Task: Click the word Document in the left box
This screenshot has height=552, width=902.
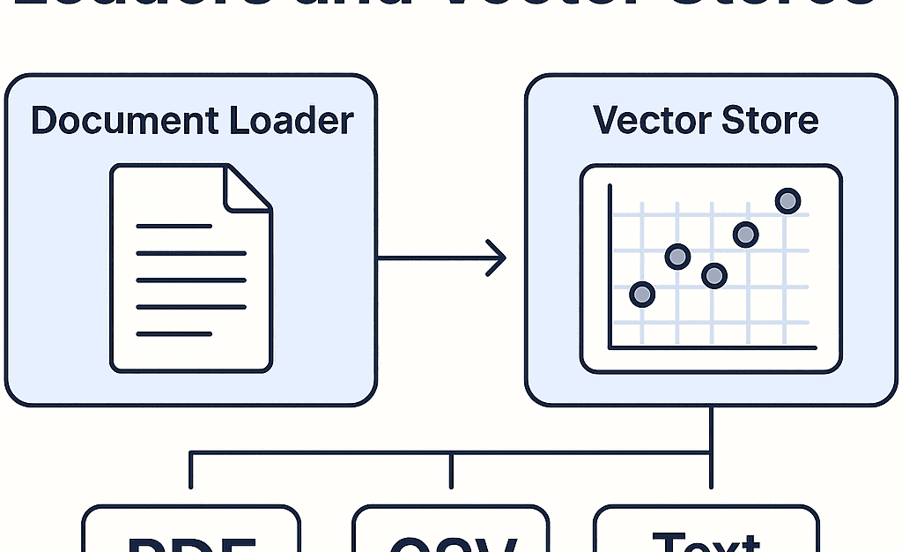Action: (125, 121)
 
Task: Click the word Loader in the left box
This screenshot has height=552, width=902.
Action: (292, 121)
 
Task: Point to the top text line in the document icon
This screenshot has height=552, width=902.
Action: (174, 227)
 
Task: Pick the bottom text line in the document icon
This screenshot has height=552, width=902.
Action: (174, 334)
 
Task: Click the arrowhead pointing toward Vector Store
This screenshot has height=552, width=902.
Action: (499, 258)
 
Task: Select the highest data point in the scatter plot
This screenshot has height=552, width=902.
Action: (787, 201)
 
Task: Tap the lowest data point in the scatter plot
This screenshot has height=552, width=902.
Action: (642, 294)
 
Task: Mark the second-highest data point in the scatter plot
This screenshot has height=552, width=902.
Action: (745, 235)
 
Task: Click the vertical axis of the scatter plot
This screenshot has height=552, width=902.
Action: (610, 265)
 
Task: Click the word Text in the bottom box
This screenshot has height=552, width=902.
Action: (706, 540)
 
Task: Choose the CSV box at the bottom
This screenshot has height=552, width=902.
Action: (450, 533)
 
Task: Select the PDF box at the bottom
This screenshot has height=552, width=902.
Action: (191, 533)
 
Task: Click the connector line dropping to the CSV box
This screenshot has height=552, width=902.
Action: (451, 472)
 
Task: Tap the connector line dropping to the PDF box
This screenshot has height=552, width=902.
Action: (190, 472)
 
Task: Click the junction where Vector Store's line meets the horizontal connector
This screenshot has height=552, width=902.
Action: (710, 453)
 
